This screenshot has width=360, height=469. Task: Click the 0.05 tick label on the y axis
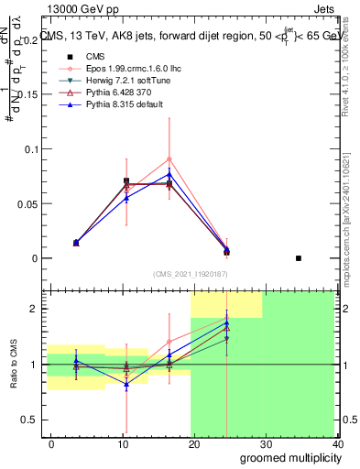pyautogui.click(x=27, y=203)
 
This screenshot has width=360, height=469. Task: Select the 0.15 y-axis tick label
pyautogui.click(x=27, y=94)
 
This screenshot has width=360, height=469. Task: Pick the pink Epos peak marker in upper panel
pyautogui.click(x=169, y=158)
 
